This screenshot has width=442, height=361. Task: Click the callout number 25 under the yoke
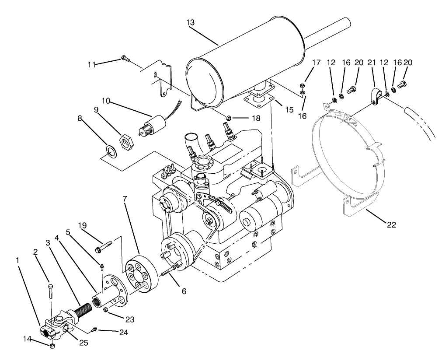point(83,343)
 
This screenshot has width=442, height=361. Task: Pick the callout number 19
point(83,226)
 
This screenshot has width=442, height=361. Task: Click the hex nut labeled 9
point(126,140)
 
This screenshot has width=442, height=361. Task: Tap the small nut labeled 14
point(52,346)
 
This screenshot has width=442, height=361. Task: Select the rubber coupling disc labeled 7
point(140,273)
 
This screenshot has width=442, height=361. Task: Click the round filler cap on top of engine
point(202,165)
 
